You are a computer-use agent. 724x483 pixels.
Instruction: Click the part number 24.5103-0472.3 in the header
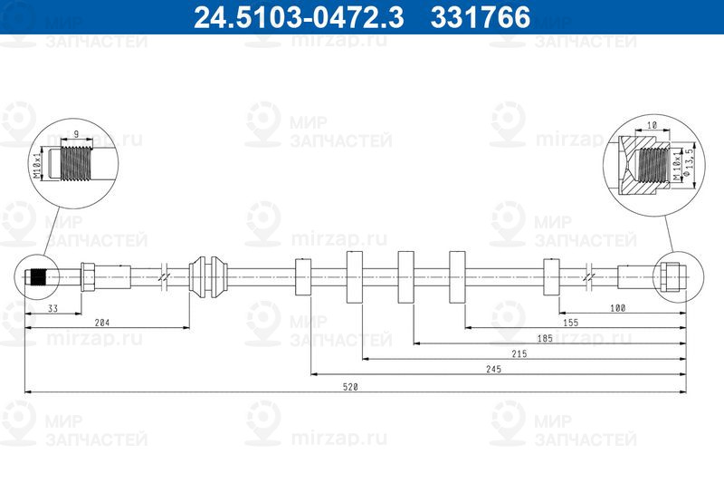pos(299,17)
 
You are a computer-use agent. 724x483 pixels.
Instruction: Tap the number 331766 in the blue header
pos(481,17)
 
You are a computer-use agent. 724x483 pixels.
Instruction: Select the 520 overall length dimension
pos(350,387)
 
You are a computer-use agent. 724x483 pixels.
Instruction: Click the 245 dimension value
pos(493,369)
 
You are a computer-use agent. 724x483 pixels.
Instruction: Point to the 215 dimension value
pos(519,353)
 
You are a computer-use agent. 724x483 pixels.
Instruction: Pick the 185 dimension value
pos(545,338)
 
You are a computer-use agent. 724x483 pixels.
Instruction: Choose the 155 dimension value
pos(571,323)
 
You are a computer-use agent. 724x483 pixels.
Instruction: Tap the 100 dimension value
pos(618,308)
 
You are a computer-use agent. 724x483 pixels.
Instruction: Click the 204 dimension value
pos(102,323)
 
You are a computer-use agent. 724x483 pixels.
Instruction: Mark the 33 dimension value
pos(52,308)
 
